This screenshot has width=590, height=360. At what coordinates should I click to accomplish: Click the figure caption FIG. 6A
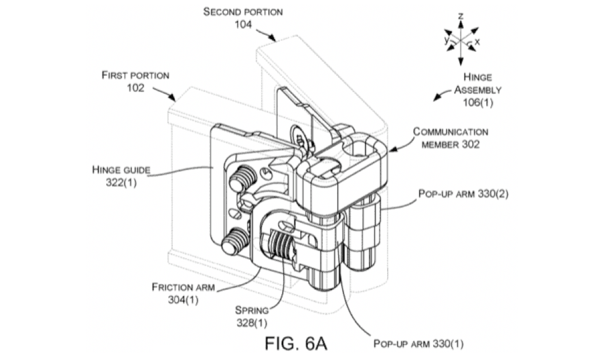(296, 342)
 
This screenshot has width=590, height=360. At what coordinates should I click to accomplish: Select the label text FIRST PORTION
(135, 75)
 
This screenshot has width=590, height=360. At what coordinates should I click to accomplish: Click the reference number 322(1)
(120, 182)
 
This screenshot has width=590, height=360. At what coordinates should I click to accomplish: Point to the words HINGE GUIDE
(121, 170)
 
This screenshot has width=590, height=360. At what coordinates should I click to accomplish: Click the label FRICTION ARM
(178, 287)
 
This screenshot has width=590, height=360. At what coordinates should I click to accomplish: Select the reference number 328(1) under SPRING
(252, 322)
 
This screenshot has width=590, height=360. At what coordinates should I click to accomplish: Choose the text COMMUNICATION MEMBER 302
(451, 138)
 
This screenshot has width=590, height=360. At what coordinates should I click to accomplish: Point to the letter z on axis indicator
(460, 16)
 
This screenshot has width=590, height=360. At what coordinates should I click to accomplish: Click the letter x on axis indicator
(477, 42)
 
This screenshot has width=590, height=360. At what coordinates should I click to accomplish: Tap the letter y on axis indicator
(446, 40)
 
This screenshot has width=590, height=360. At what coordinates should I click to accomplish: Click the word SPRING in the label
(252, 310)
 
